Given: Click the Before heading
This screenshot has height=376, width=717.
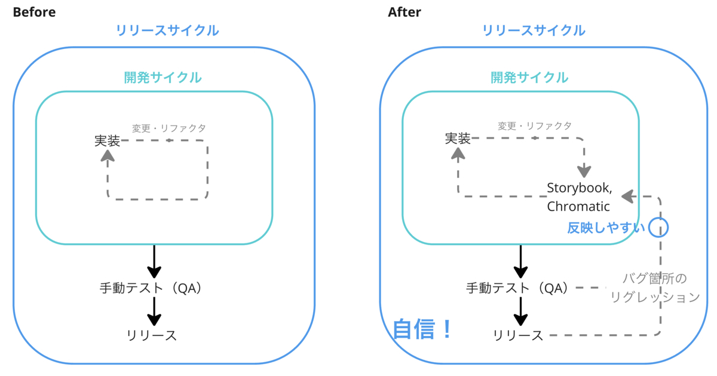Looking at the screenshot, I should coord(34,12).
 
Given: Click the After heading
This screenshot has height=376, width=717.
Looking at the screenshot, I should coord(404,12).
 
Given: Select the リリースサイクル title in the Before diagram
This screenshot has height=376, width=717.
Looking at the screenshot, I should coord(167,30).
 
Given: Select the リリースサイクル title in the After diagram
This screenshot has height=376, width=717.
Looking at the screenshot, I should coord(534,30).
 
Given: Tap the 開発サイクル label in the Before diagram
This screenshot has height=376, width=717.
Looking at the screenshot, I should coord(163,77).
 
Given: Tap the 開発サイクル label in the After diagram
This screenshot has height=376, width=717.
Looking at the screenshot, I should coord(529,77).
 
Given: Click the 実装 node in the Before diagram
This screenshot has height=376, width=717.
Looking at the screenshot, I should coord(107,140).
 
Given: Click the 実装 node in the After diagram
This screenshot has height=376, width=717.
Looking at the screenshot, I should coord(458,139).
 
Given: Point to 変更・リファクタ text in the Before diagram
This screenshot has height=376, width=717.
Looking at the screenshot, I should coord(169,128).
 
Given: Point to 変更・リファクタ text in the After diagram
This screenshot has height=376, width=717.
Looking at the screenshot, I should coord(535,126).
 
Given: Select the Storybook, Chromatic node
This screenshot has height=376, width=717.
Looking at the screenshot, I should coord(579,197).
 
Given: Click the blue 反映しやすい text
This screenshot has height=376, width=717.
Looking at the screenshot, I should coord(606,228).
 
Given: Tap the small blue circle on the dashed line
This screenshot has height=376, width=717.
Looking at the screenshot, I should coord(658,227).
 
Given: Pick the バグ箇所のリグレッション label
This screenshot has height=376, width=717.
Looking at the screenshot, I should coord(655,288).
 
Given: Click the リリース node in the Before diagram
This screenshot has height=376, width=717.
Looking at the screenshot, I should coord(152,335).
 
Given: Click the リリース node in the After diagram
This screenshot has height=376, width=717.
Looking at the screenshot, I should coord(518,335).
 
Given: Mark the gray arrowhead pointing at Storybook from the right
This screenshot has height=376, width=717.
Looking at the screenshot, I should coord(627,196).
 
